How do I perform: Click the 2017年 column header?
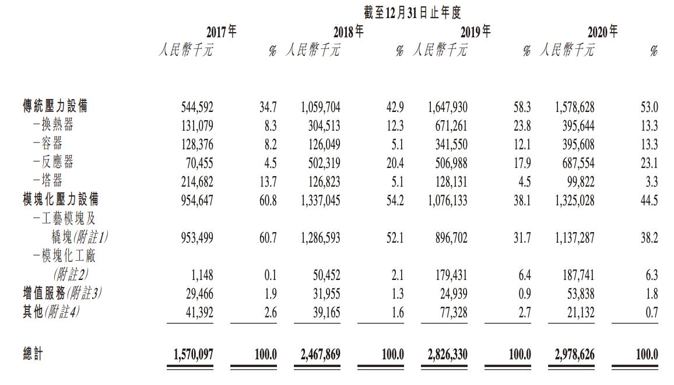(x=222, y=32)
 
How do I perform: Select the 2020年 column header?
(x=602, y=32)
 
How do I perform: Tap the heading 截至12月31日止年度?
(x=413, y=12)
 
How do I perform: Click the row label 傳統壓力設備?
(x=55, y=107)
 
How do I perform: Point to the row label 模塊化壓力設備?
(x=60, y=200)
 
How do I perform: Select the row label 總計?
(x=33, y=354)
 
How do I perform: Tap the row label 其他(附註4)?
(x=51, y=312)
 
